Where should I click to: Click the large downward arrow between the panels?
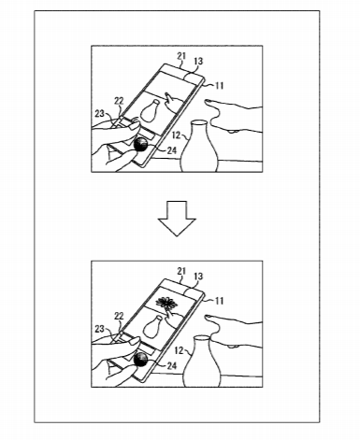(177, 218)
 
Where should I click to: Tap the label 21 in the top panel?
(181, 56)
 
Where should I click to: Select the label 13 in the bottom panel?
(198, 277)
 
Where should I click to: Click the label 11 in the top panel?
(220, 85)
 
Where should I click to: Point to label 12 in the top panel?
(176, 135)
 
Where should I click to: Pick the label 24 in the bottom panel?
(172, 366)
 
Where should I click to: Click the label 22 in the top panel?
(119, 101)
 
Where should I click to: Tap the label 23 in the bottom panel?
(99, 329)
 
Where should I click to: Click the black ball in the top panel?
(140, 144)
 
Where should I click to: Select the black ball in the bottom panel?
(140, 360)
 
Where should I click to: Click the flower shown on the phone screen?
(166, 302)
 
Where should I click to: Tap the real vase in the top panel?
(200, 147)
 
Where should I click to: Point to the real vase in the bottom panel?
(202, 362)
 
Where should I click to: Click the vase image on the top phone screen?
(151, 111)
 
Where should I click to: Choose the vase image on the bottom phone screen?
(152, 327)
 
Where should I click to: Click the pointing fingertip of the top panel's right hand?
(207, 101)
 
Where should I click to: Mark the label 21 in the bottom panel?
(181, 271)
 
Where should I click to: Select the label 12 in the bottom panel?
(179, 350)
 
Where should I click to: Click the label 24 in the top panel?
(172, 150)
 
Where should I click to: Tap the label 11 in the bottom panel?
(220, 301)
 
